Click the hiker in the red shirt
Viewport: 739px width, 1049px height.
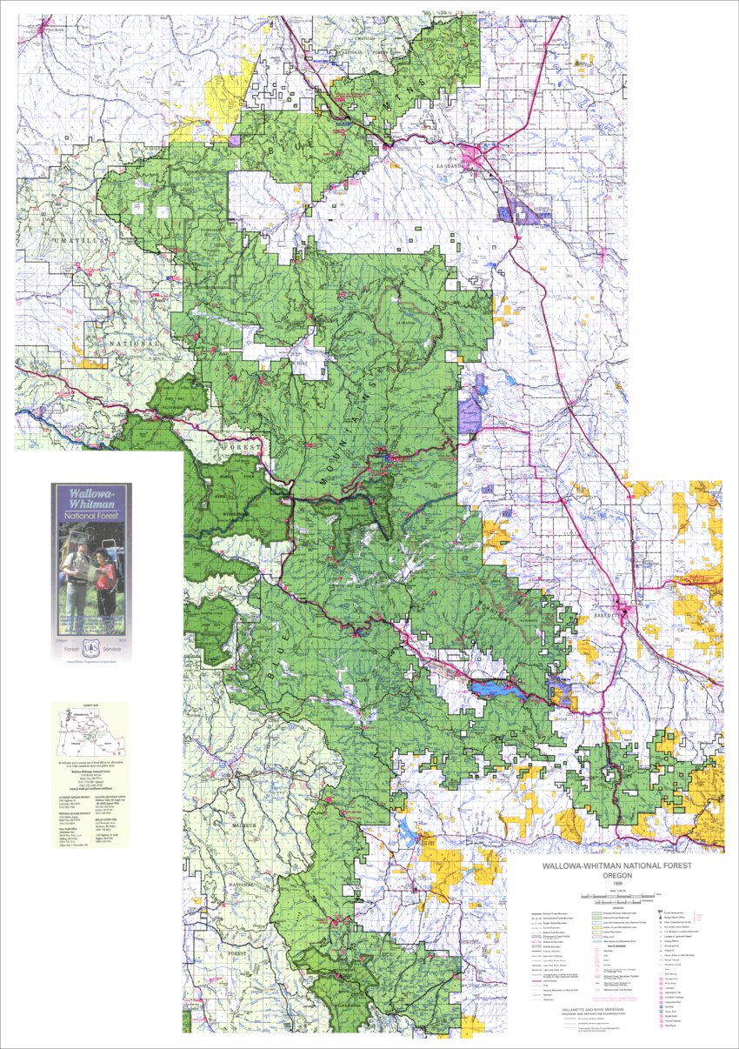[105, 578]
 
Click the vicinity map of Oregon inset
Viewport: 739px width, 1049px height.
[90, 735]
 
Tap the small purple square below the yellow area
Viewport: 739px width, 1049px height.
[235, 140]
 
